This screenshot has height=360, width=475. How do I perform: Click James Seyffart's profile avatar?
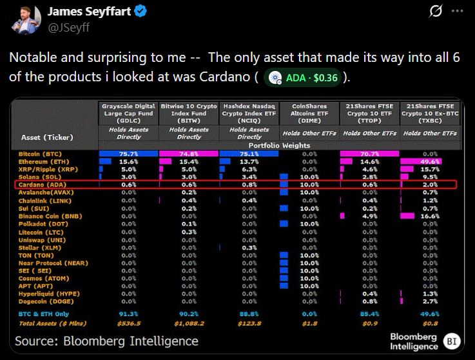coord(24,19)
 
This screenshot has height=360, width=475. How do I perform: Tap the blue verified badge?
coord(140,12)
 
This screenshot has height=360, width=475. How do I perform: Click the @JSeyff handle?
coord(68,27)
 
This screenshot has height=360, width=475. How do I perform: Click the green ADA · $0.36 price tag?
coord(303,77)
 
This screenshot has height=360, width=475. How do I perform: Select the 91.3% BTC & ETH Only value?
coord(129,315)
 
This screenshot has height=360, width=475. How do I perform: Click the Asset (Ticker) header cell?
coord(47,137)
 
